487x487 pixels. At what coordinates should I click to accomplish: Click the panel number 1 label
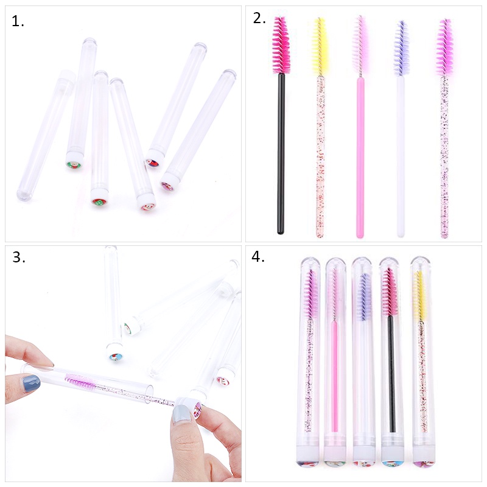point(18,22)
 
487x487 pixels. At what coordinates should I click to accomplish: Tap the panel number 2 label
point(259,18)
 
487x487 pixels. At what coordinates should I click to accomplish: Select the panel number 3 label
point(19,258)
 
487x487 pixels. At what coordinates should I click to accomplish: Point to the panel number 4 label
point(258,256)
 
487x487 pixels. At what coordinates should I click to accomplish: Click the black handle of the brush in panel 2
point(281,152)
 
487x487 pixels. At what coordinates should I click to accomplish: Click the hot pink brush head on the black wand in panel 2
point(281,46)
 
